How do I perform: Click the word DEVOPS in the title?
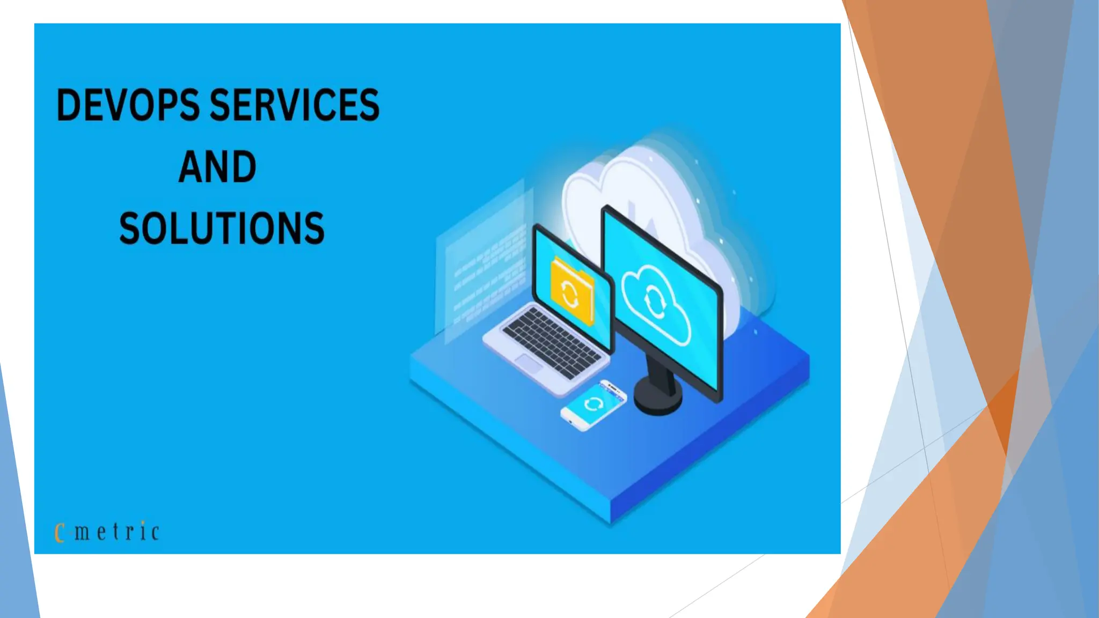tap(128, 105)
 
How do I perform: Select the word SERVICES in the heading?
tap(295, 105)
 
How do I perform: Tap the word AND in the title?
tap(217, 167)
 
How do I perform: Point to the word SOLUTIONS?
tap(222, 229)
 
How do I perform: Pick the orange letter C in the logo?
tap(60, 533)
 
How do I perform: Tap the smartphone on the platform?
tap(594, 405)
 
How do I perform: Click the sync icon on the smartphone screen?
tap(593, 403)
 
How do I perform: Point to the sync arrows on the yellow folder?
tap(569, 293)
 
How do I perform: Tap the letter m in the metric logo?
tap(82, 533)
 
